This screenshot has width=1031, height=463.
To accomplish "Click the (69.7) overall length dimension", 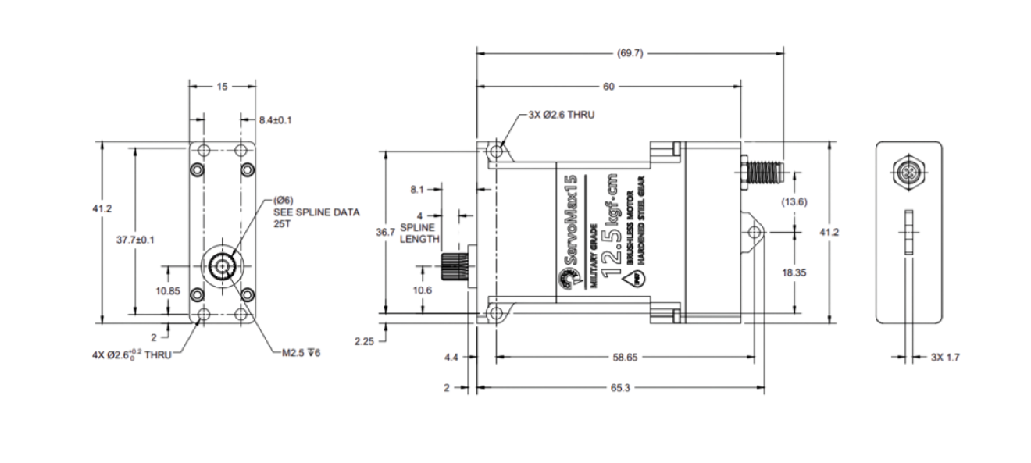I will (630, 54).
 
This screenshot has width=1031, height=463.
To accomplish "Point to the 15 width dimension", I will (222, 87).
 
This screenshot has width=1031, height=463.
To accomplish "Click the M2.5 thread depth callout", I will (301, 352).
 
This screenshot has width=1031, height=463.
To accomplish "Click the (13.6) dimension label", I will (794, 201).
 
